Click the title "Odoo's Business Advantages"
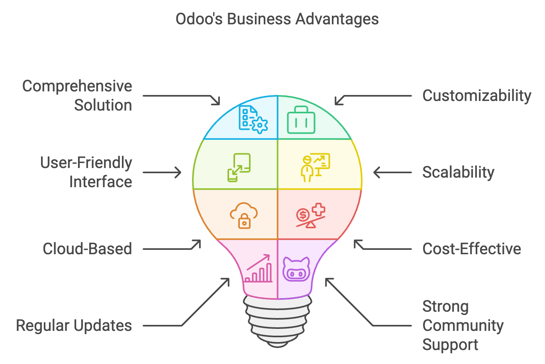(277, 19)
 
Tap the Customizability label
(476, 96)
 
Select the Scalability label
(458, 172)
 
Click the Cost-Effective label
(472, 249)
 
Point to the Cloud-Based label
(87, 249)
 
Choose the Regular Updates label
(74, 326)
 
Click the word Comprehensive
(77, 86)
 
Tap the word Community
(463, 326)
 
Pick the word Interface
(100, 182)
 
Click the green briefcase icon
(301, 120)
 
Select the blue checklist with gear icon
(253, 119)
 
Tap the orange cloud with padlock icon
(243, 216)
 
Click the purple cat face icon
(296, 269)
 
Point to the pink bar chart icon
(259, 269)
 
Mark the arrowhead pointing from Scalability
(375, 172)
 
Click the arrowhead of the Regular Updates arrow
(227, 280)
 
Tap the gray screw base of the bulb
(278, 321)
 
